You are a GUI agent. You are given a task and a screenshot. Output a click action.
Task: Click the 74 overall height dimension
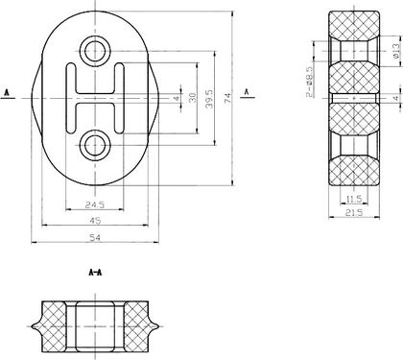click(x=227, y=98)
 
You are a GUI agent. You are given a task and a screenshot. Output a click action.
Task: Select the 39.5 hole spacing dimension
click(x=209, y=98)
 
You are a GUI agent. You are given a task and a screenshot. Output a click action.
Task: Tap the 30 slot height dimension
click(x=192, y=98)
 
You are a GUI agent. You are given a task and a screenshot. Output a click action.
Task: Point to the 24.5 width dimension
click(x=95, y=204)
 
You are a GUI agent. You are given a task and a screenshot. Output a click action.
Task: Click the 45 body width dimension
click(x=95, y=220)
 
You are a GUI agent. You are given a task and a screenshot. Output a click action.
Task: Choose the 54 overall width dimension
click(x=95, y=238)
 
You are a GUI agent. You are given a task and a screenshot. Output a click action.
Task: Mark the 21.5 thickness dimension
click(x=354, y=212)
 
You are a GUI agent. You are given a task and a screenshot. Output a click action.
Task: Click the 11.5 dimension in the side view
click(x=354, y=200)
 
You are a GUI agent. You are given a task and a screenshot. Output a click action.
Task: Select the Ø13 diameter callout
click(x=396, y=51)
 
